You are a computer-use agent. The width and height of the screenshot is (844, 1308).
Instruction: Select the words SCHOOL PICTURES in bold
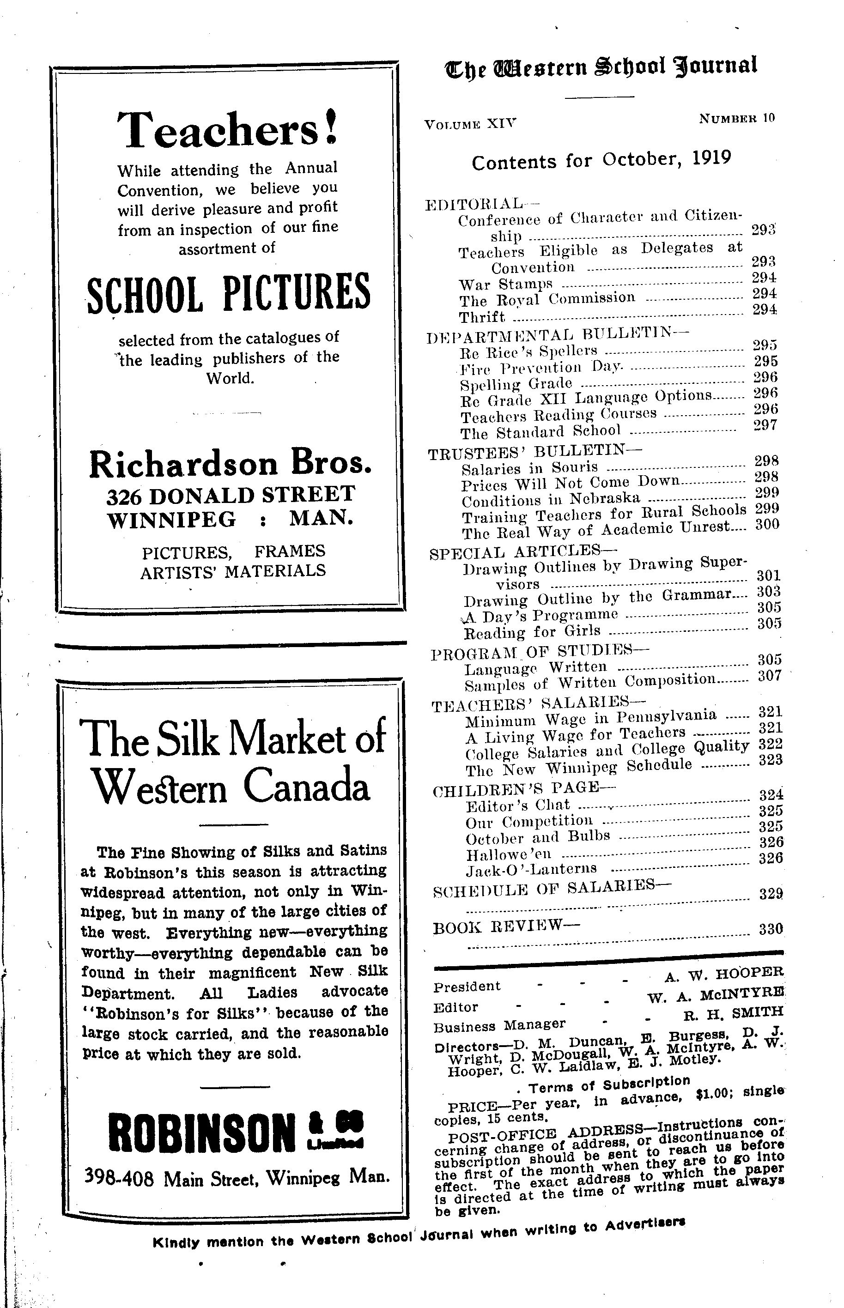pyautogui.click(x=229, y=293)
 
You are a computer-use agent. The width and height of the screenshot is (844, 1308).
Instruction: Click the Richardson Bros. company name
pyautogui.click(x=230, y=464)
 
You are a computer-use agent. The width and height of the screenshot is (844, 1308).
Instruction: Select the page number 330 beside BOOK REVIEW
pyautogui.click(x=771, y=929)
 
